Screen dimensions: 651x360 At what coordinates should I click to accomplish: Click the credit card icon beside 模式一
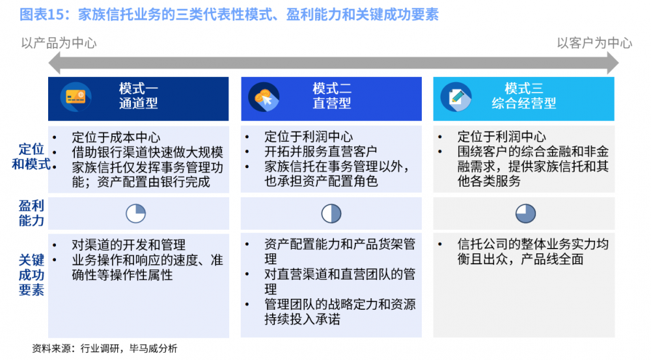click(x=76, y=97)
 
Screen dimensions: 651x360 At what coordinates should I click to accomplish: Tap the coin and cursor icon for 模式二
click(x=264, y=98)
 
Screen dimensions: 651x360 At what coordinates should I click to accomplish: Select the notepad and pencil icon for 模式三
click(x=456, y=98)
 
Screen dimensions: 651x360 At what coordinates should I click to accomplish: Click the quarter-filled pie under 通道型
click(x=136, y=214)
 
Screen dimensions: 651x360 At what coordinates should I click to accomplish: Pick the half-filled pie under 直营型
click(x=331, y=214)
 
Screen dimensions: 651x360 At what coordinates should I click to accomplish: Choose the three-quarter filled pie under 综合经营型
click(x=525, y=214)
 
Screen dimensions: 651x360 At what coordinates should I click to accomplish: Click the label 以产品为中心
click(x=59, y=43)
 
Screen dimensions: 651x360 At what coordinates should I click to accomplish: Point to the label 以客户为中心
click(x=594, y=43)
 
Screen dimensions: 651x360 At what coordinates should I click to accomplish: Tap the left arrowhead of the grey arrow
click(x=54, y=64)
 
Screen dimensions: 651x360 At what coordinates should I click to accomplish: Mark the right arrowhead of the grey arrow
click(x=613, y=64)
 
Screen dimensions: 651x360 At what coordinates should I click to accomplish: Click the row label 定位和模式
click(x=31, y=156)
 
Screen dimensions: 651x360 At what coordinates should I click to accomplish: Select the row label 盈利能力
click(x=31, y=213)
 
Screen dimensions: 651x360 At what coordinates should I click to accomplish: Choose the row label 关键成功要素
click(x=31, y=275)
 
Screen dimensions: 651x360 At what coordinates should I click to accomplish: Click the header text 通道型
click(x=138, y=104)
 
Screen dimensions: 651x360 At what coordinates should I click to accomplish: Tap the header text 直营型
click(x=332, y=104)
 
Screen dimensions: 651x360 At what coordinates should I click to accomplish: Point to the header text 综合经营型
click(x=524, y=104)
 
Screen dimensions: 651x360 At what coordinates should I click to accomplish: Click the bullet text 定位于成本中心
click(x=116, y=137)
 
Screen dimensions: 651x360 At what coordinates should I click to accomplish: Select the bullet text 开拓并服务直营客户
click(x=321, y=151)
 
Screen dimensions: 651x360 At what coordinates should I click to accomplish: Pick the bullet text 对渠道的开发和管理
click(x=129, y=245)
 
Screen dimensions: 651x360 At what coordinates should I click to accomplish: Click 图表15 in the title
click(x=44, y=15)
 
